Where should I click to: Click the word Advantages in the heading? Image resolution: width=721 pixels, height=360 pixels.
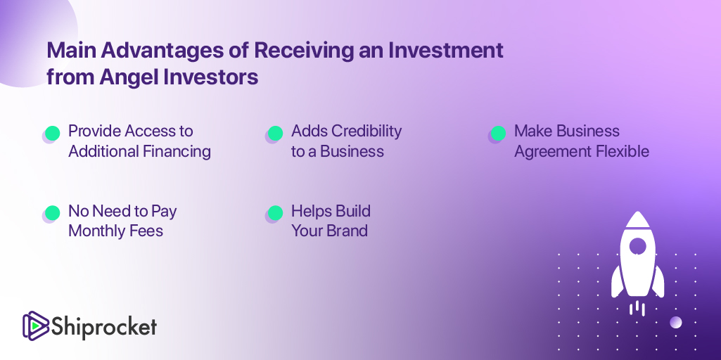tap(160, 51)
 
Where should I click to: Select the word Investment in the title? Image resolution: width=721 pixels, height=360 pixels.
tap(445, 51)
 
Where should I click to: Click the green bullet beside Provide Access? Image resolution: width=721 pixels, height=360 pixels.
tap(53, 134)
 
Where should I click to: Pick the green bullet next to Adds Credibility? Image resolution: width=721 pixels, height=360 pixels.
tap(275, 134)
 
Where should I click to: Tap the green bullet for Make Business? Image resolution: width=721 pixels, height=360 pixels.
tap(498, 134)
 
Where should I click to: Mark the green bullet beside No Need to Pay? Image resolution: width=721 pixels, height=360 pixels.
tap(53, 213)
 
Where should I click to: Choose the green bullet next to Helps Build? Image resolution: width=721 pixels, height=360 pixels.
tap(275, 213)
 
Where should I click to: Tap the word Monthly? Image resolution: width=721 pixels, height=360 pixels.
tap(96, 231)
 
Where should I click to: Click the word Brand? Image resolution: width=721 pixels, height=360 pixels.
tap(349, 231)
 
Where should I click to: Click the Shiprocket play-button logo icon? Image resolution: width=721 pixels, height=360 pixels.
tap(36, 326)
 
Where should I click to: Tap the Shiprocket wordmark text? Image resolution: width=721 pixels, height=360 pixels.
tap(104, 327)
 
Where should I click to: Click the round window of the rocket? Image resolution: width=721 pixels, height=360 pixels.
tap(637, 245)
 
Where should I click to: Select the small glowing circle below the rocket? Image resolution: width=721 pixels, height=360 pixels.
tap(675, 322)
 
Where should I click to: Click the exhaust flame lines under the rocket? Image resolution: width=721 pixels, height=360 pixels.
tap(637, 307)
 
